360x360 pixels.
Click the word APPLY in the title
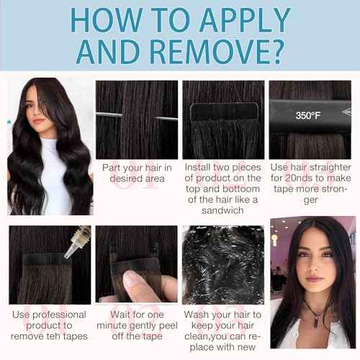[x=245, y=21]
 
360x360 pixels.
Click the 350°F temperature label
[x=308, y=116]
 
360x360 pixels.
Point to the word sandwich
[x=222, y=210]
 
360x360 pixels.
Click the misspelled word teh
[x=47, y=336]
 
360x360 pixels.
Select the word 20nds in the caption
[x=297, y=178]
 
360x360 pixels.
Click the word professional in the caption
[x=59, y=315]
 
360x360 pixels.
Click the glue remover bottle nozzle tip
[x=66, y=257]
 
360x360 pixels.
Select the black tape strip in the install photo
[x=224, y=112]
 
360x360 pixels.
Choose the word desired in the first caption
[x=124, y=179]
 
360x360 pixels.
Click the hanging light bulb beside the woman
[x=275, y=238]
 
